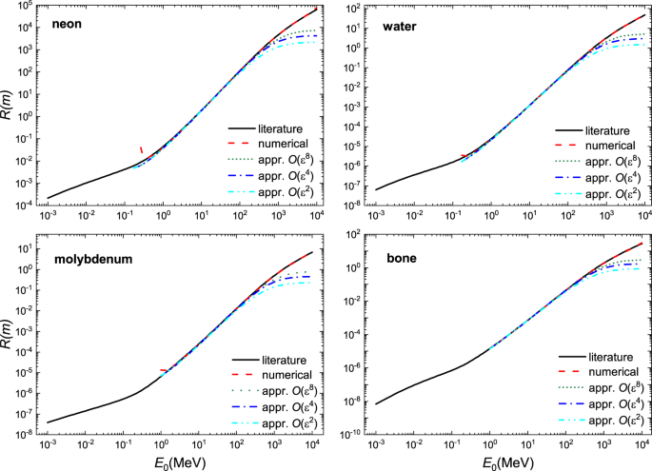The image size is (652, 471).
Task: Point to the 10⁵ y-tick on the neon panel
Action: click(26, 8)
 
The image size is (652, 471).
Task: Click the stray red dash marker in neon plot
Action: click(142, 149)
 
